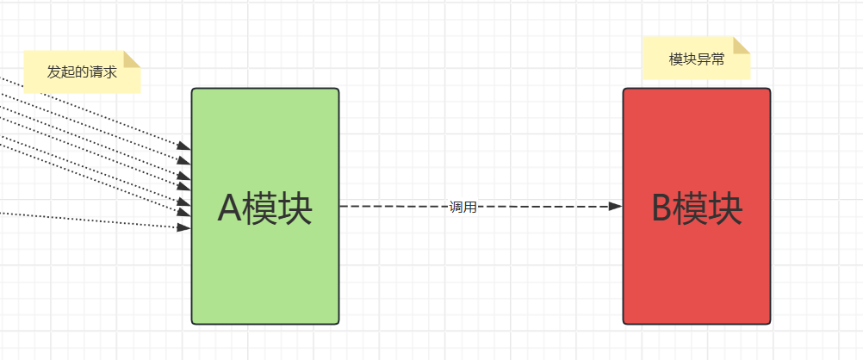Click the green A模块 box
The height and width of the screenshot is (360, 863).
click(264, 258)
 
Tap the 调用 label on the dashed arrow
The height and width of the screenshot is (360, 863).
click(463, 207)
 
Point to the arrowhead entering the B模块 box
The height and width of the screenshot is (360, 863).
click(615, 207)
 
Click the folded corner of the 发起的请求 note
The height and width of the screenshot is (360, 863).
click(132, 59)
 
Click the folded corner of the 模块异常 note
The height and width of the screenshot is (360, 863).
click(742, 45)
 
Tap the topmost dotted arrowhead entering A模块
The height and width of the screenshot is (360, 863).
click(184, 146)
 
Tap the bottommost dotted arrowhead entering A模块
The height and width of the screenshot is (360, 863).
click(184, 227)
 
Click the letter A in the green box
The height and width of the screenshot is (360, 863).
click(230, 209)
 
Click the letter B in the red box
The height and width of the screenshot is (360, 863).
click(661, 209)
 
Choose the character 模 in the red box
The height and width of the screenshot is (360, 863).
click(691, 209)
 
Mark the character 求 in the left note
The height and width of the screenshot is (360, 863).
click(110, 72)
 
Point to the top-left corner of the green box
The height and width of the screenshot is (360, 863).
click(192, 89)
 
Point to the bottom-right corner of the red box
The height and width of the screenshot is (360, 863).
click(770, 324)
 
